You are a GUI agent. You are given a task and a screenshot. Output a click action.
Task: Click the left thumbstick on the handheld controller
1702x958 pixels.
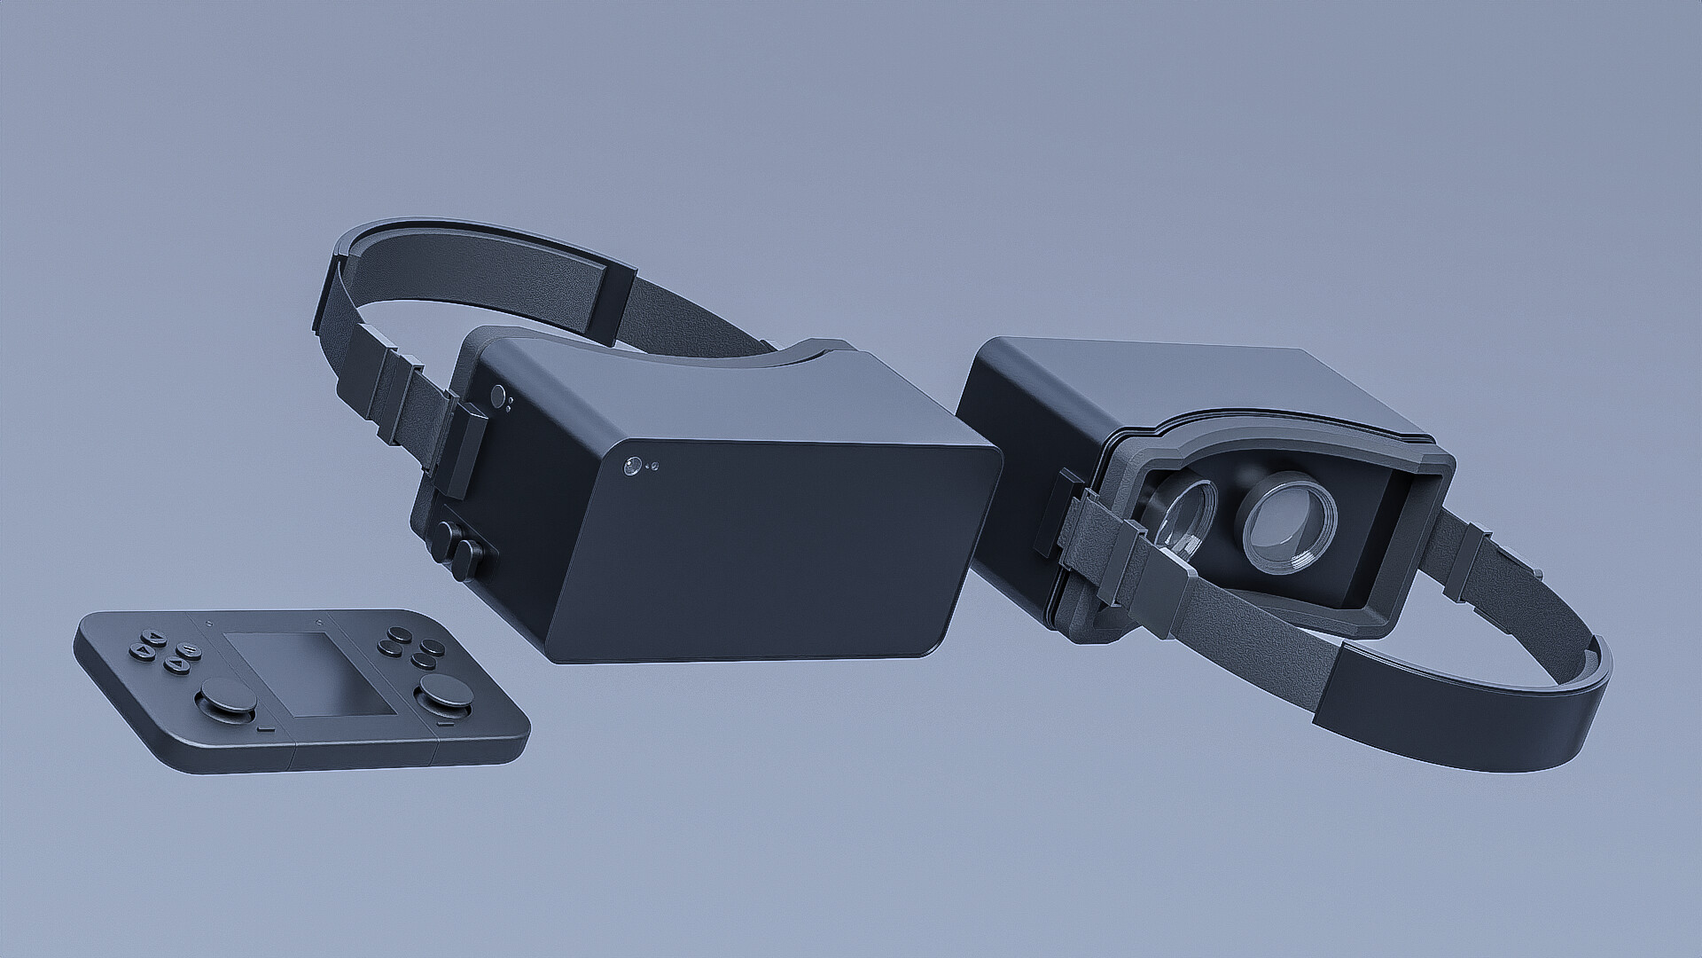point(228,695)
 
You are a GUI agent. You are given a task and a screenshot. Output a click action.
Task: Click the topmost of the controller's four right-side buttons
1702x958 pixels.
point(400,634)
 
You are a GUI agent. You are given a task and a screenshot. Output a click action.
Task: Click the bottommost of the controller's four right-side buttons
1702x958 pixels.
point(424,661)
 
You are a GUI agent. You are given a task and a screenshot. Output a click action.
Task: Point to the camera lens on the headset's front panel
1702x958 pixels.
point(632,466)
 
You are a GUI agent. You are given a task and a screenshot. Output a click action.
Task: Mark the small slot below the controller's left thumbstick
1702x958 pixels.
point(266,728)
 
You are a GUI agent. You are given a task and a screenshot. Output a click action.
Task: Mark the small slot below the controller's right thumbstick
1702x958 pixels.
point(446,723)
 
